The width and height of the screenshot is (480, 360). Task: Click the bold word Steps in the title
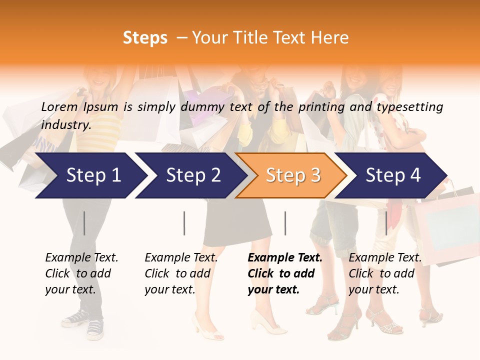[145, 38]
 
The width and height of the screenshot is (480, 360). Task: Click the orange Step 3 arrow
[292, 175]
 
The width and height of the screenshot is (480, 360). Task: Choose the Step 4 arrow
[393, 175]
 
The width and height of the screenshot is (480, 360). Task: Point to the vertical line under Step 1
[84, 223]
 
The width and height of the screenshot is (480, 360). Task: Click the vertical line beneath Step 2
[184, 223]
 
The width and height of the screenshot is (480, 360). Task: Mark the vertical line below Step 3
[285, 223]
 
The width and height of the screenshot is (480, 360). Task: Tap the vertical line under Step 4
[386, 223]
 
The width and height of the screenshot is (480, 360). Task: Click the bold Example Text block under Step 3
[284, 273]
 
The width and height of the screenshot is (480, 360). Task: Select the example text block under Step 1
[81, 273]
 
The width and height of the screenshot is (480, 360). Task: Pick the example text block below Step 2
[181, 273]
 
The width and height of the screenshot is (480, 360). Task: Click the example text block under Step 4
[385, 273]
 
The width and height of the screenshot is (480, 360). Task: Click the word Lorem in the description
[59, 106]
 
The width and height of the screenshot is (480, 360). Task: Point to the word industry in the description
[66, 124]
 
